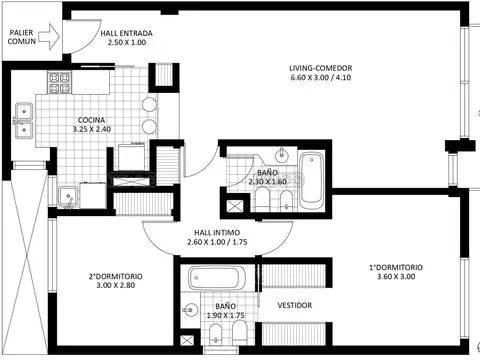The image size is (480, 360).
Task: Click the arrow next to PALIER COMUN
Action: click(49, 37)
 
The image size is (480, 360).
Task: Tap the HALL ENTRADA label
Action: click(127, 33)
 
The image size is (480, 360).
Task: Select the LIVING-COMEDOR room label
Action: click(321, 68)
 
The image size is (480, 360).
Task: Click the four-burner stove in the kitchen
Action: click(60, 83)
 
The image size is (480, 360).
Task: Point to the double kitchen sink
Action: click(24, 120)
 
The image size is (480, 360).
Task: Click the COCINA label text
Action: click(91, 120)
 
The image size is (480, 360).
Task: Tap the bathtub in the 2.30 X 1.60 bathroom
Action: click(311, 177)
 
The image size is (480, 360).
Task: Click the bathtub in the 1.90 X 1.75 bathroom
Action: click(217, 278)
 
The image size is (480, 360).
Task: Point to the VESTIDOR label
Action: click(295, 305)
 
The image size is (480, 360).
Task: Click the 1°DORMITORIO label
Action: click(396, 267)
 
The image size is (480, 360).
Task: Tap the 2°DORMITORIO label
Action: click(115, 276)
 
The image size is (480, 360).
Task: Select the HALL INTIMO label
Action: click(217, 233)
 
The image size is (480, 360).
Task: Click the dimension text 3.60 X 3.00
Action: click(396, 277)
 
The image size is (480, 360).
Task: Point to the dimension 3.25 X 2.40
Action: click(92, 129)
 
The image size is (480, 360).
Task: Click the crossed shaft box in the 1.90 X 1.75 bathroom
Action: click(186, 340)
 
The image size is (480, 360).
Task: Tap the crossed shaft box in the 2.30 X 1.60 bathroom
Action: click(233, 206)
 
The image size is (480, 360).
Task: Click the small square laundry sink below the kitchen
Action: click(68, 197)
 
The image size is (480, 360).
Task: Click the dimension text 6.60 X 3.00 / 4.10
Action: click(321, 78)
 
